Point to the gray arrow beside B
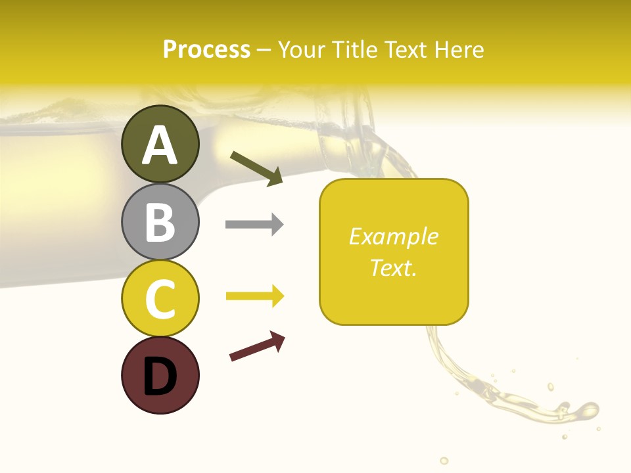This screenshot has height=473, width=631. (254, 225)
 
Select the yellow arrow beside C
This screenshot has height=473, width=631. (254, 296)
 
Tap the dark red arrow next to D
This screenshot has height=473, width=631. (257, 346)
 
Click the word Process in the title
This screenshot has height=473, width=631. (206, 50)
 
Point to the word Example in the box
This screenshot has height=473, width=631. (393, 236)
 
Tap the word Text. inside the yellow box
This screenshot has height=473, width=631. (393, 267)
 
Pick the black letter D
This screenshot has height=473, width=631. (160, 377)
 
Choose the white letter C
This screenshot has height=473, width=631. (160, 300)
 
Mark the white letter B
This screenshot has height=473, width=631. (160, 222)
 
